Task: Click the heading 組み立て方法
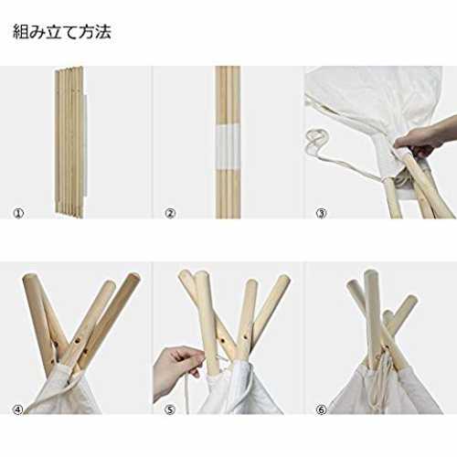(62, 32)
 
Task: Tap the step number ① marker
(18, 213)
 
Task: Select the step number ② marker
(170, 213)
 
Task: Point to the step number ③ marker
(322, 213)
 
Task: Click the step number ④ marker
(18, 409)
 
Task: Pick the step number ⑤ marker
(170, 409)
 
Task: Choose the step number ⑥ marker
(321, 409)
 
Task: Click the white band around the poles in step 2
(228, 146)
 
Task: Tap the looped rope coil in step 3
(318, 142)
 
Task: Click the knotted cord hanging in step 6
(382, 381)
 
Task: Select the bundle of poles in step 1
(69, 142)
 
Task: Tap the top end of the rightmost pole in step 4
(133, 277)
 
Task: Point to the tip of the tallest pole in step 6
(371, 272)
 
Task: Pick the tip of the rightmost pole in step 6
(411, 298)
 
